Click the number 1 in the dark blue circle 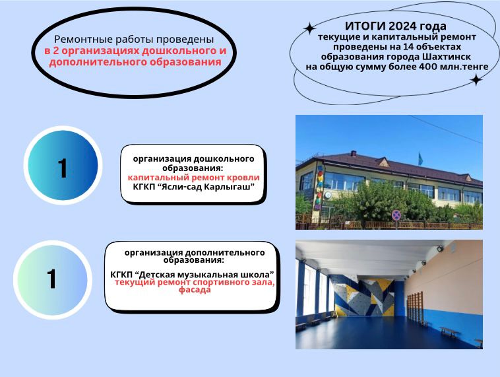(x=63, y=168)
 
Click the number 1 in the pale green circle (x=52, y=279)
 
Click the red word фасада (x=195, y=290)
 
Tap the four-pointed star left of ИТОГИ (x=309, y=28)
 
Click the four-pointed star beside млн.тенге (x=476, y=80)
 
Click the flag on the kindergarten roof (x=421, y=158)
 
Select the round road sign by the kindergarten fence (x=396, y=215)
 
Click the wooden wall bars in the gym (x=415, y=307)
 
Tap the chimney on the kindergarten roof (x=354, y=154)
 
